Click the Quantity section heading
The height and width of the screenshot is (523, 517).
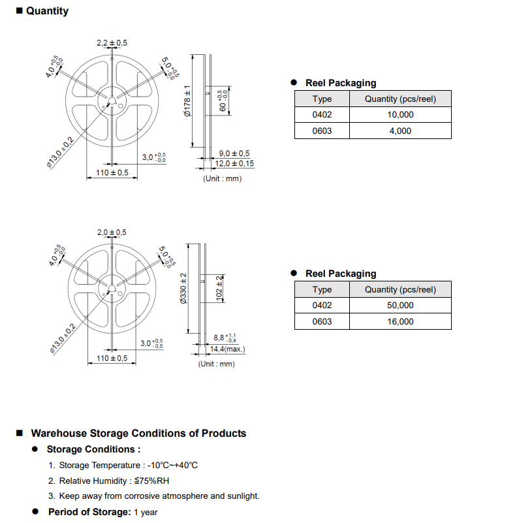click(x=47, y=11)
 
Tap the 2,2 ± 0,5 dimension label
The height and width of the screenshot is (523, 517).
click(x=112, y=43)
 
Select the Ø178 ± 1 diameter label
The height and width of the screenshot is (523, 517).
click(x=187, y=101)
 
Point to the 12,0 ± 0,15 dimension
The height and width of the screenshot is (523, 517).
click(x=234, y=163)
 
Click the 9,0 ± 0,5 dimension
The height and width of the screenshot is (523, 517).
click(x=234, y=153)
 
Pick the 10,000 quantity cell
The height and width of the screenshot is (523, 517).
click(x=400, y=115)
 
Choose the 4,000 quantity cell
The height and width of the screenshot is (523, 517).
click(x=400, y=131)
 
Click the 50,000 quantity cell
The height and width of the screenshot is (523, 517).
click(x=400, y=305)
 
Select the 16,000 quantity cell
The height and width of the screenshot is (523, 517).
click(x=400, y=321)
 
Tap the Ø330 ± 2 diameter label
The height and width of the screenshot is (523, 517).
click(x=183, y=289)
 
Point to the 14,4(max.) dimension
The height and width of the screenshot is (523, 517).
click(x=227, y=349)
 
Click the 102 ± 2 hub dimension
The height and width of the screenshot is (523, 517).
click(x=219, y=288)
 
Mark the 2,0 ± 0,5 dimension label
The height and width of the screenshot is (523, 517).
click(x=112, y=232)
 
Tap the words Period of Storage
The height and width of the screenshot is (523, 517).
click(x=89, y=512)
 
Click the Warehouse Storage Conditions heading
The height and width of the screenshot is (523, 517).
click(x=138, y=434)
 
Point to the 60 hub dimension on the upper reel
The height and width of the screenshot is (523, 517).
click(x=223, y=101)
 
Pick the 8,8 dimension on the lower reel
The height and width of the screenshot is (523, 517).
click(x=225, y=338)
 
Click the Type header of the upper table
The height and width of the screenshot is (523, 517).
click(x=322, y=99)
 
